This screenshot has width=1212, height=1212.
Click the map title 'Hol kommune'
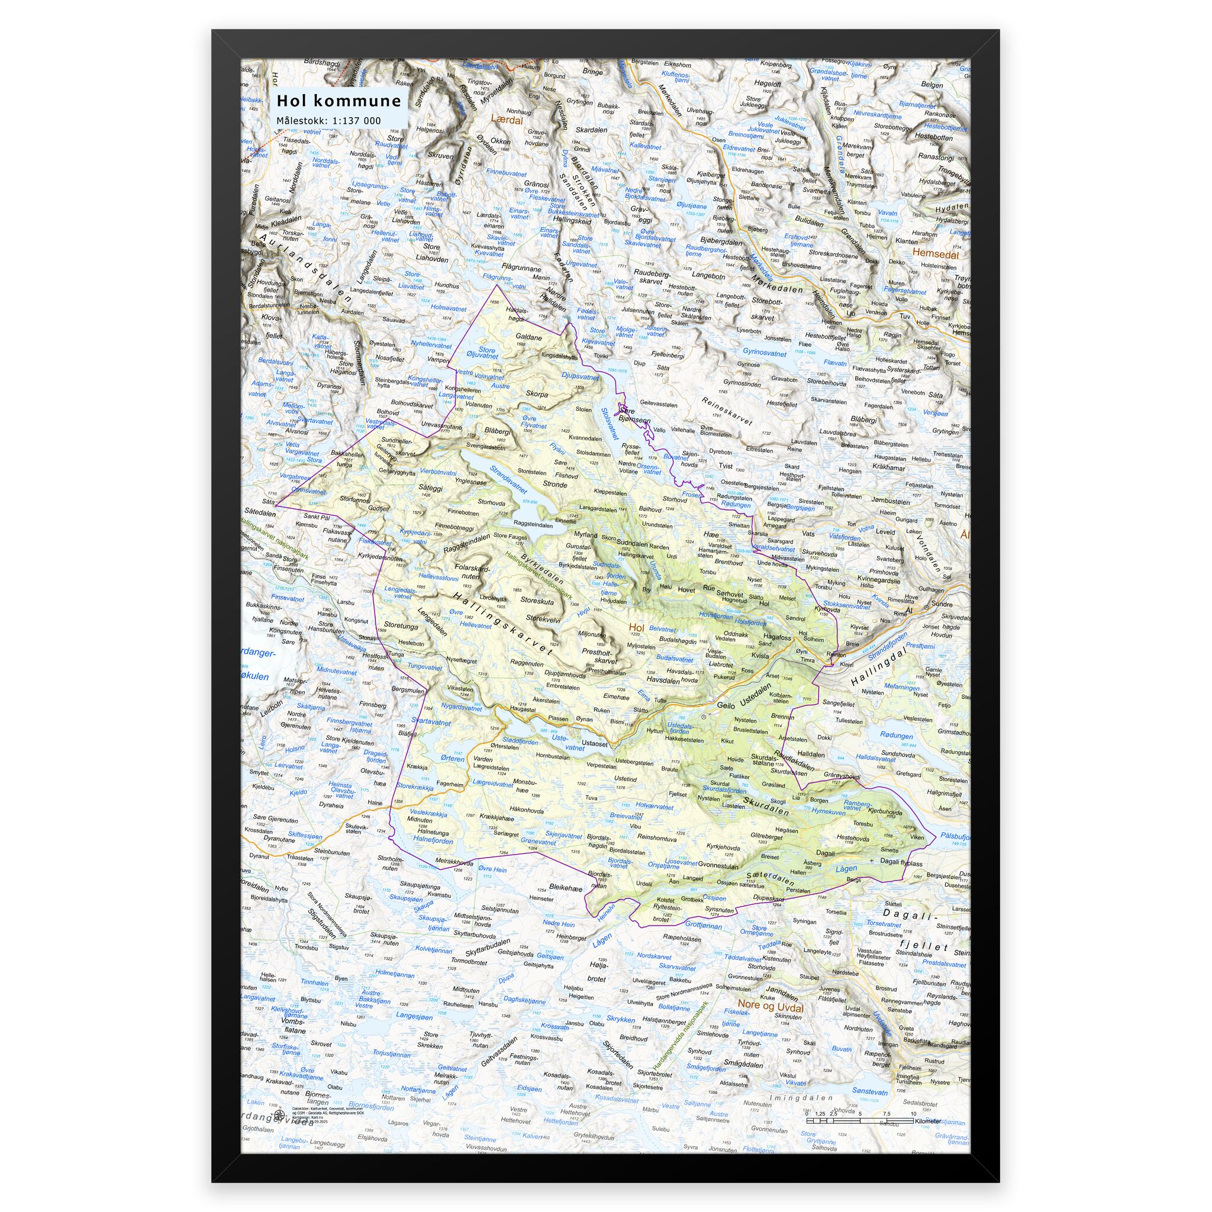coord(339,101)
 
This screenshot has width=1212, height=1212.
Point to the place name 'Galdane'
coord(529,337)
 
